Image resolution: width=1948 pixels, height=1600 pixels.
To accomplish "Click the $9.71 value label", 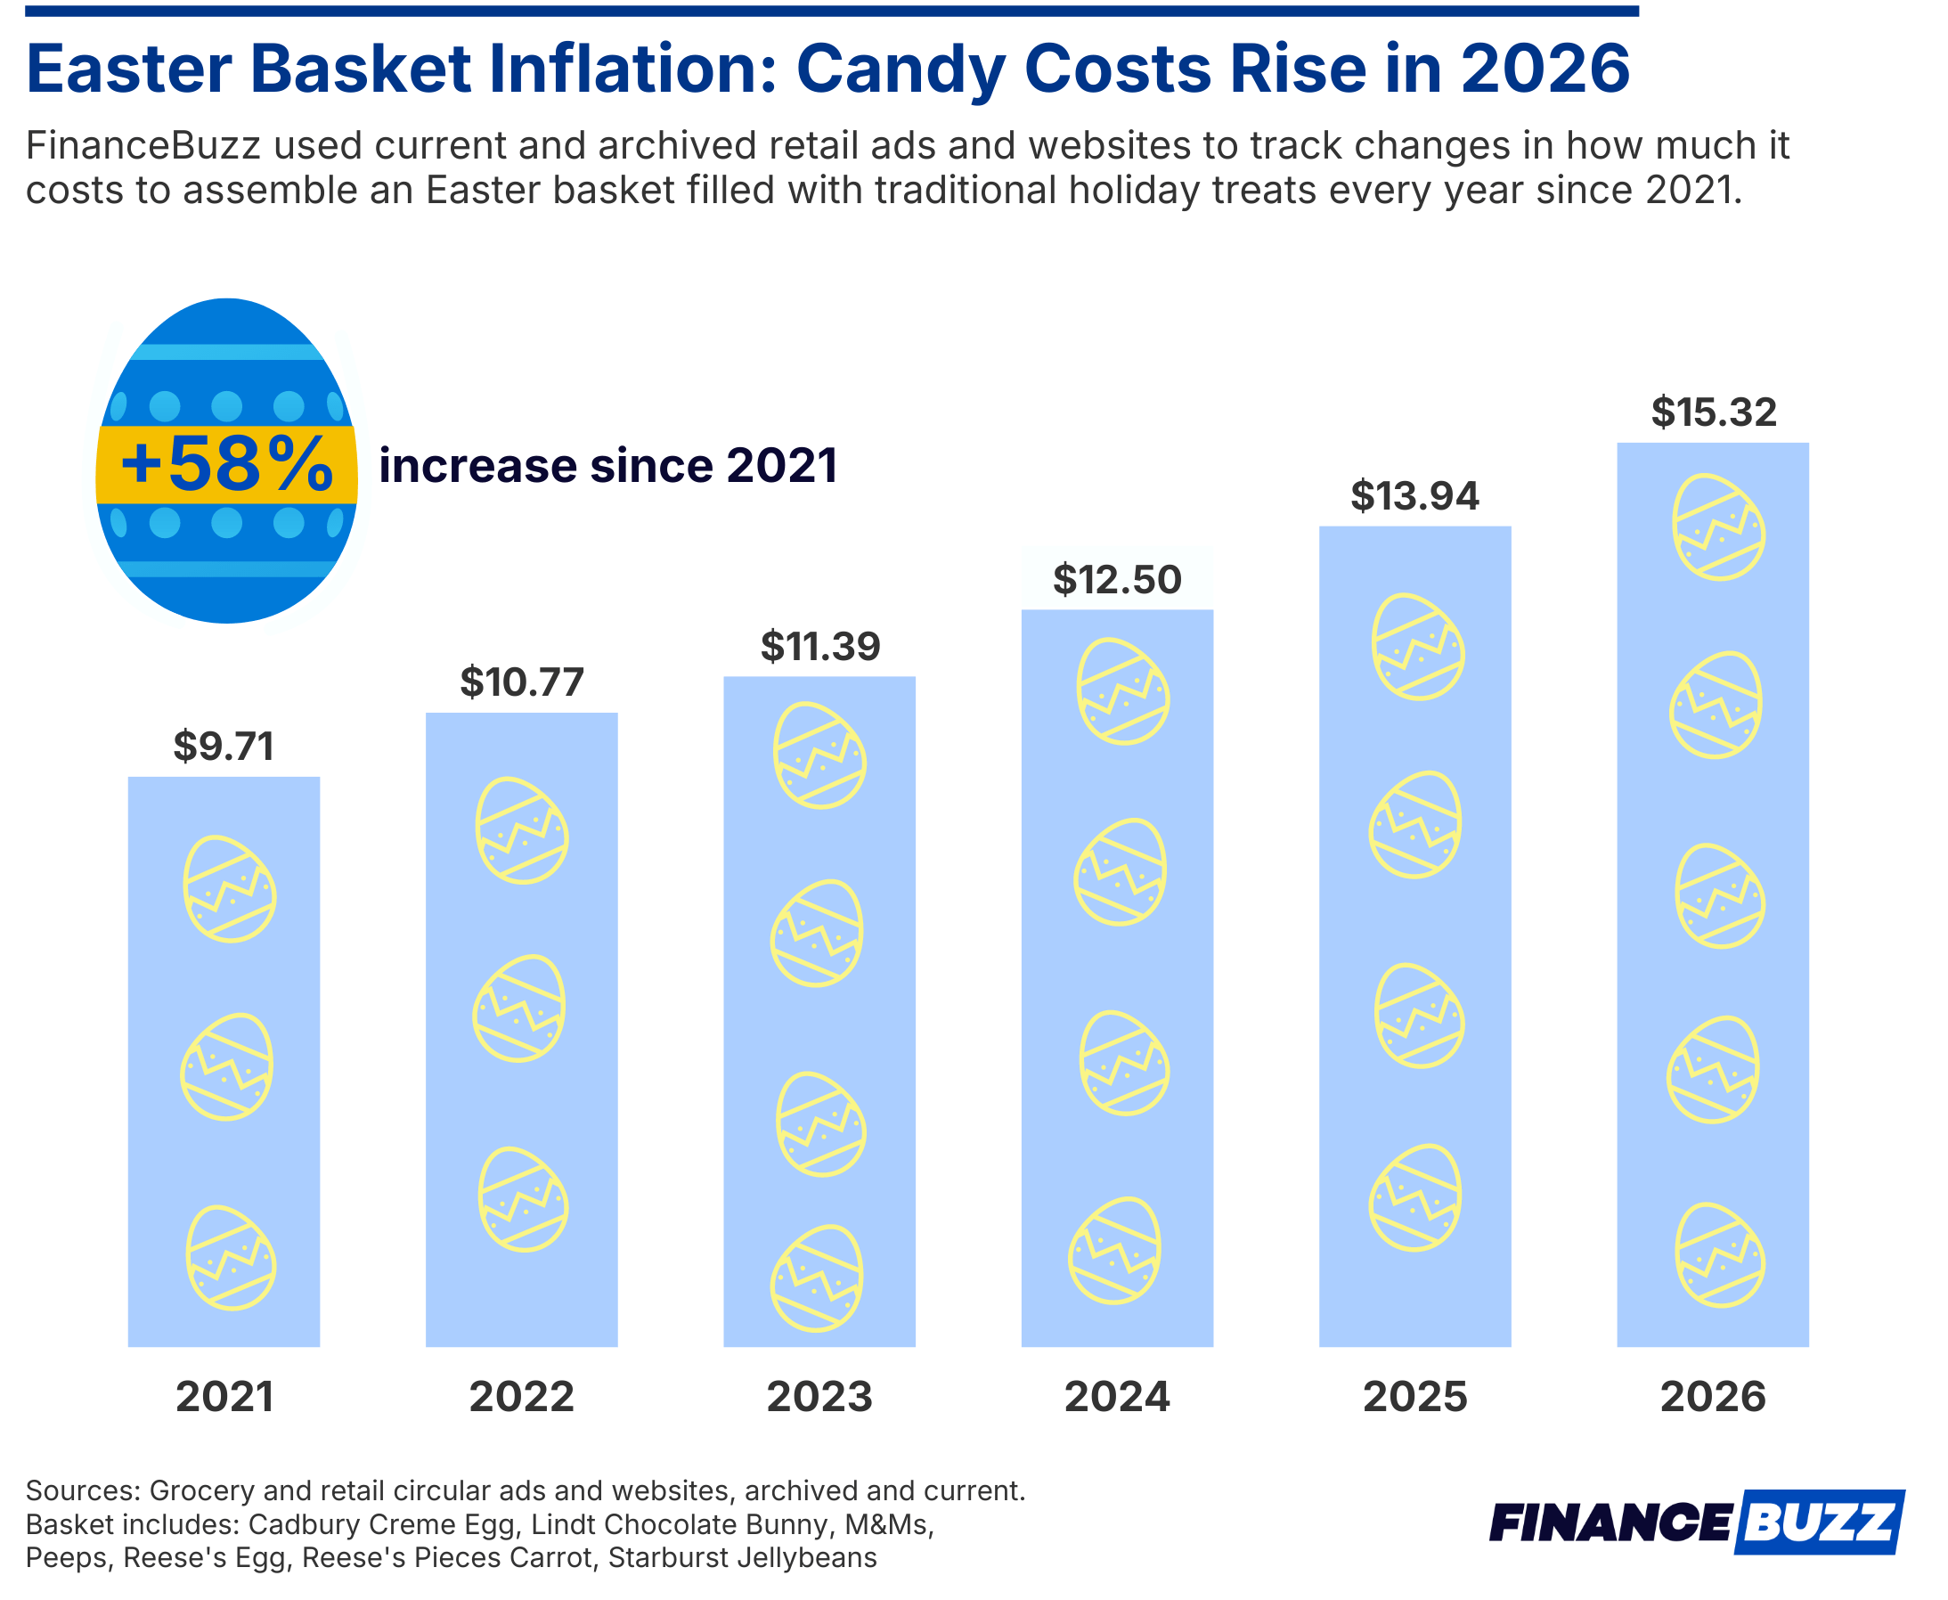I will coord(224,747).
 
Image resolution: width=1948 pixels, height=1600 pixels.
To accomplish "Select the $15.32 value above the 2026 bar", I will coord(1713,412).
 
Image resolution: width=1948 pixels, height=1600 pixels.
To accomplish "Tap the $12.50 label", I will coord(1117,580).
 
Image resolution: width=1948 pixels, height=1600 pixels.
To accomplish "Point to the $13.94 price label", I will coord(1414,497).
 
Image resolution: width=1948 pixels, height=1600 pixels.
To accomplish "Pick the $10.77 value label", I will coord(522,683).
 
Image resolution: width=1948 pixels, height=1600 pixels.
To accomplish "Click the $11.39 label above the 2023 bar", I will coord(820,647).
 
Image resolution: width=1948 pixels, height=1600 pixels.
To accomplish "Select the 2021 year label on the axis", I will coord(224,1397).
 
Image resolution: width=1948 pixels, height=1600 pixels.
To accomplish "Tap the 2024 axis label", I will coord(1117,1397).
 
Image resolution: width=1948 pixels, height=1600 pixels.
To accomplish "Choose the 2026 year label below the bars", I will coord(1713,1397).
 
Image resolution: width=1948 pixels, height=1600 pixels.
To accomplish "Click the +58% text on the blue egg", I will coord(226,464).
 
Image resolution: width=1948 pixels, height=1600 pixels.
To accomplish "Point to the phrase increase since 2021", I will coord(608,466).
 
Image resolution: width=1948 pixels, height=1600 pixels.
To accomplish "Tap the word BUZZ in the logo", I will coord(1821,1522).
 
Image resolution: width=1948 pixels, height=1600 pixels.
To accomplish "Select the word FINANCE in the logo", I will coord(1610,1523).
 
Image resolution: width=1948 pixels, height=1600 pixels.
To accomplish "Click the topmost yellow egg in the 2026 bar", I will coord(1718,527).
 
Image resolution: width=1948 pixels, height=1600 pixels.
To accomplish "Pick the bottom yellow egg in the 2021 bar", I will coord(231,1259).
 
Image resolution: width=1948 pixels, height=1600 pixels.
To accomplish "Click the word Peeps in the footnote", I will coord(66,1557).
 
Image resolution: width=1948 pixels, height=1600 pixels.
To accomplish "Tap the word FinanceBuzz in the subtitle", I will coord(143,145).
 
